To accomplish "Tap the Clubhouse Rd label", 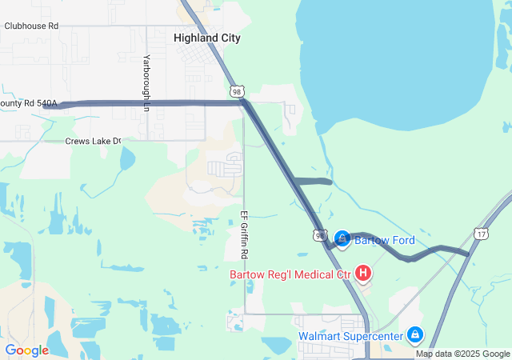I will click(x=31, y=26).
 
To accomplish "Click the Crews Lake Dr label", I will click(x=93, y=141).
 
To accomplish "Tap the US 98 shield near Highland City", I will click(x=236, y=92).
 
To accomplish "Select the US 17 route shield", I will click(x=480, y=234).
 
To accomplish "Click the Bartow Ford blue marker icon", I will click(x=342, y=239).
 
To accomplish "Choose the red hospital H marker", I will click(x=363, y=274).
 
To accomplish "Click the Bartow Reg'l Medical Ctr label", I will click(x=290, y=274).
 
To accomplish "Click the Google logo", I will click(x=26, y=350).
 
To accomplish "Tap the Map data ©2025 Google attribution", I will click(x=462, y=354).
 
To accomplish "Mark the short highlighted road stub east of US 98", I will click(x=313, y=182).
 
